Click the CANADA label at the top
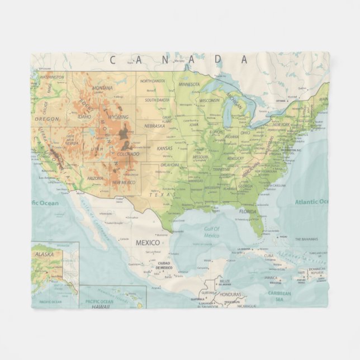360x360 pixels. tap(178, 59)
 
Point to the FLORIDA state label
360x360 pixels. tap(248, 212)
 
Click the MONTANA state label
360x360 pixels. tap(102, 88)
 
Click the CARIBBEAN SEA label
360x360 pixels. tap(279, 295)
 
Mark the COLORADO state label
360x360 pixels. tap(128, 154)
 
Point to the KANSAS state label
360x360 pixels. tap(164, 148)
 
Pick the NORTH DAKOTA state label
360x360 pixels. tap(153, 81)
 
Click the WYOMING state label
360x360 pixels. tap(118, 117)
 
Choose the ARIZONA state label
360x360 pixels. tap(95, 178)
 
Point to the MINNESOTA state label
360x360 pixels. tap(189, 84)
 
